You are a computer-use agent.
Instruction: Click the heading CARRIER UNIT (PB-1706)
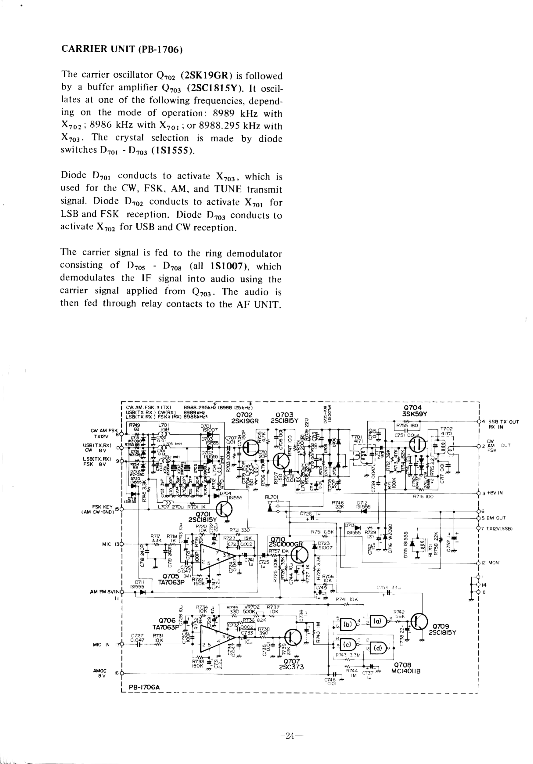122,49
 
